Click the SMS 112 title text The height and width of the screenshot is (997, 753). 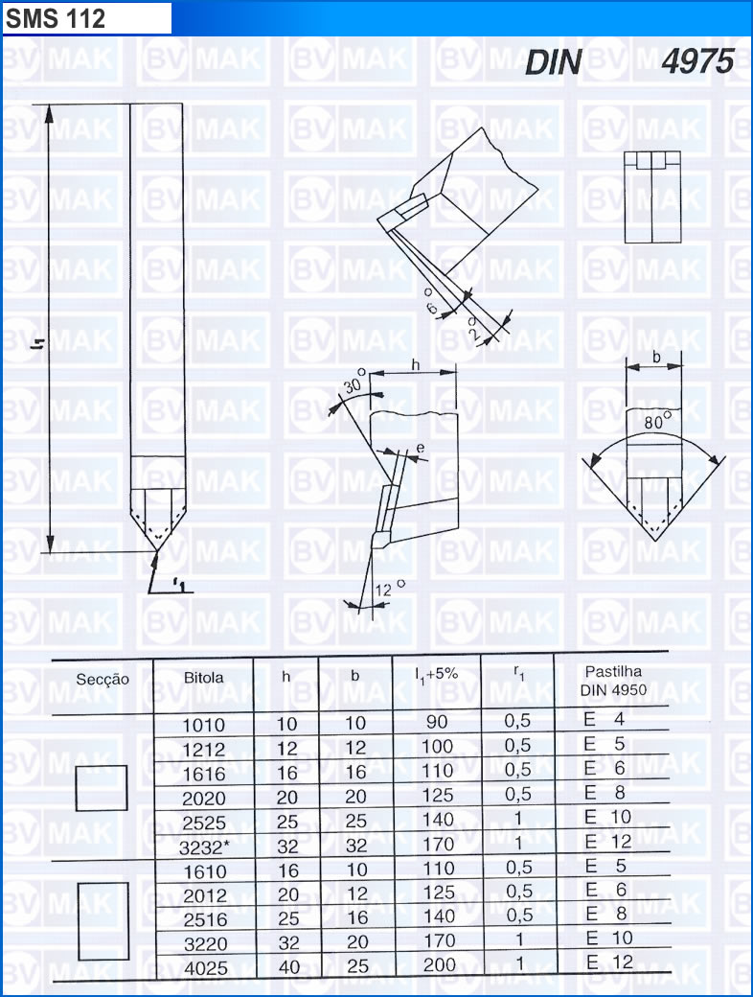[56, 18]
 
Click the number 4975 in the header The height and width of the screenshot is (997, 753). [697, 61]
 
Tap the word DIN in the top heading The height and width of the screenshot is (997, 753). [554, 62]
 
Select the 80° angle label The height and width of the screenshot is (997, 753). [657, 421]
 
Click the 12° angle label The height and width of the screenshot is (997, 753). [389, 589]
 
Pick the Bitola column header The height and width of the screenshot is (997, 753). [203, 678]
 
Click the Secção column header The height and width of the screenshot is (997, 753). [103, 679]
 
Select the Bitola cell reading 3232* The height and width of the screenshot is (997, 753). [203, 846]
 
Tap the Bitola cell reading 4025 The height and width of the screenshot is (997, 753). [205, 968]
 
